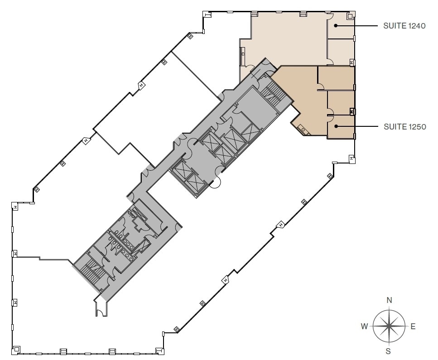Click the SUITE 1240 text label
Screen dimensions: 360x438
(x=404, y=26)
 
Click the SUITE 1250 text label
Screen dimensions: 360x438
(x=404, y=127)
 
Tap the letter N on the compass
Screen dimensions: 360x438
(x=389, y=300)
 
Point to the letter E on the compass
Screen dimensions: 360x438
(x=413, y=326)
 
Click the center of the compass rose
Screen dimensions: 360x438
(x=389, y=326)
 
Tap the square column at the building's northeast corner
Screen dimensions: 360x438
(x=350, y=16)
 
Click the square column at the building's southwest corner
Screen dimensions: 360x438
(x=16, y=349)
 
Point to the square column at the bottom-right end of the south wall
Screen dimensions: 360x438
(x=159, y=350)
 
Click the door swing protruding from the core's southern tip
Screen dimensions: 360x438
(x=99, y=309)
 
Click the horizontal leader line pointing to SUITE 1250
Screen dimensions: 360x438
(x=358, y=127)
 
